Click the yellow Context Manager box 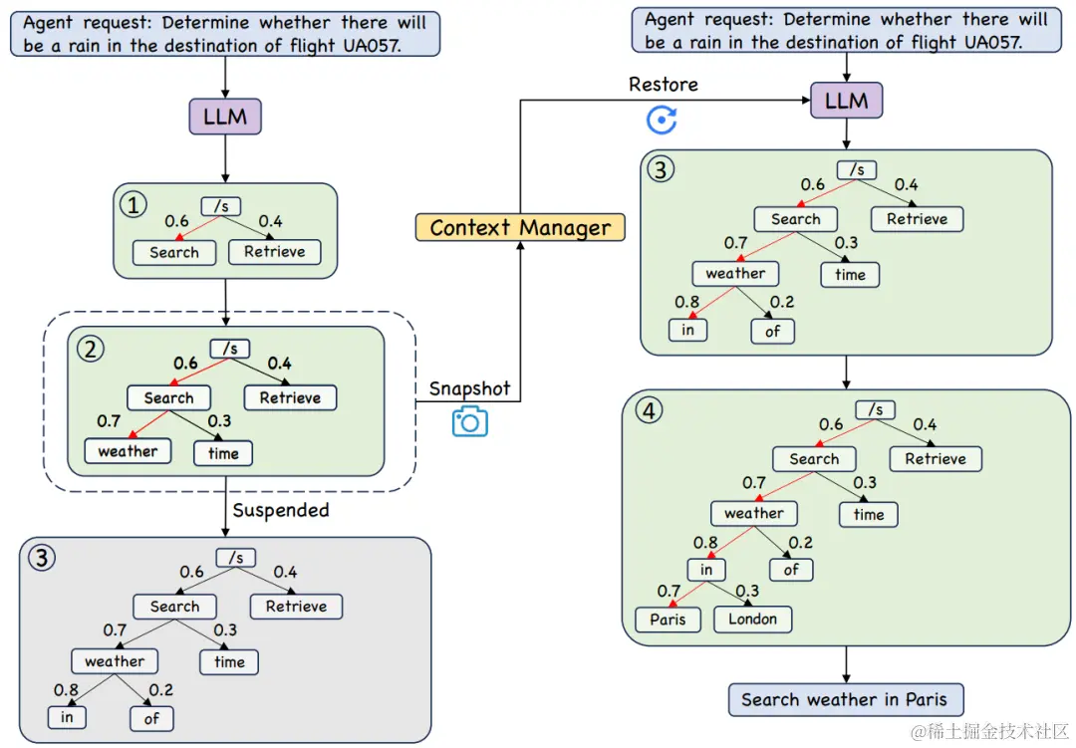click(520, 227)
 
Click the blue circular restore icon click(662, 121)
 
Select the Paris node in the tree click(668, 619)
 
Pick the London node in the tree click(752, 619)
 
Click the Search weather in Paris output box click(846, 699)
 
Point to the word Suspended click(281, 510)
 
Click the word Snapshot click(469, 388)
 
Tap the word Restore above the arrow click(663, 85)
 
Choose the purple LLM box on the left click(225, 117)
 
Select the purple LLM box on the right click(846, 101)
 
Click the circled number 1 click(134, 205)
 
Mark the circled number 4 click(650, 410)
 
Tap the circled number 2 click(92, 350)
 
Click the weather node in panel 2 click(128, 451)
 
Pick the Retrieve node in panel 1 click(274, 252)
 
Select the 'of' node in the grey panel click(151, 717)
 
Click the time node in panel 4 click(868, 514)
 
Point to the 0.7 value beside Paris click(668, 592)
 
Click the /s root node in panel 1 click(220, 206)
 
